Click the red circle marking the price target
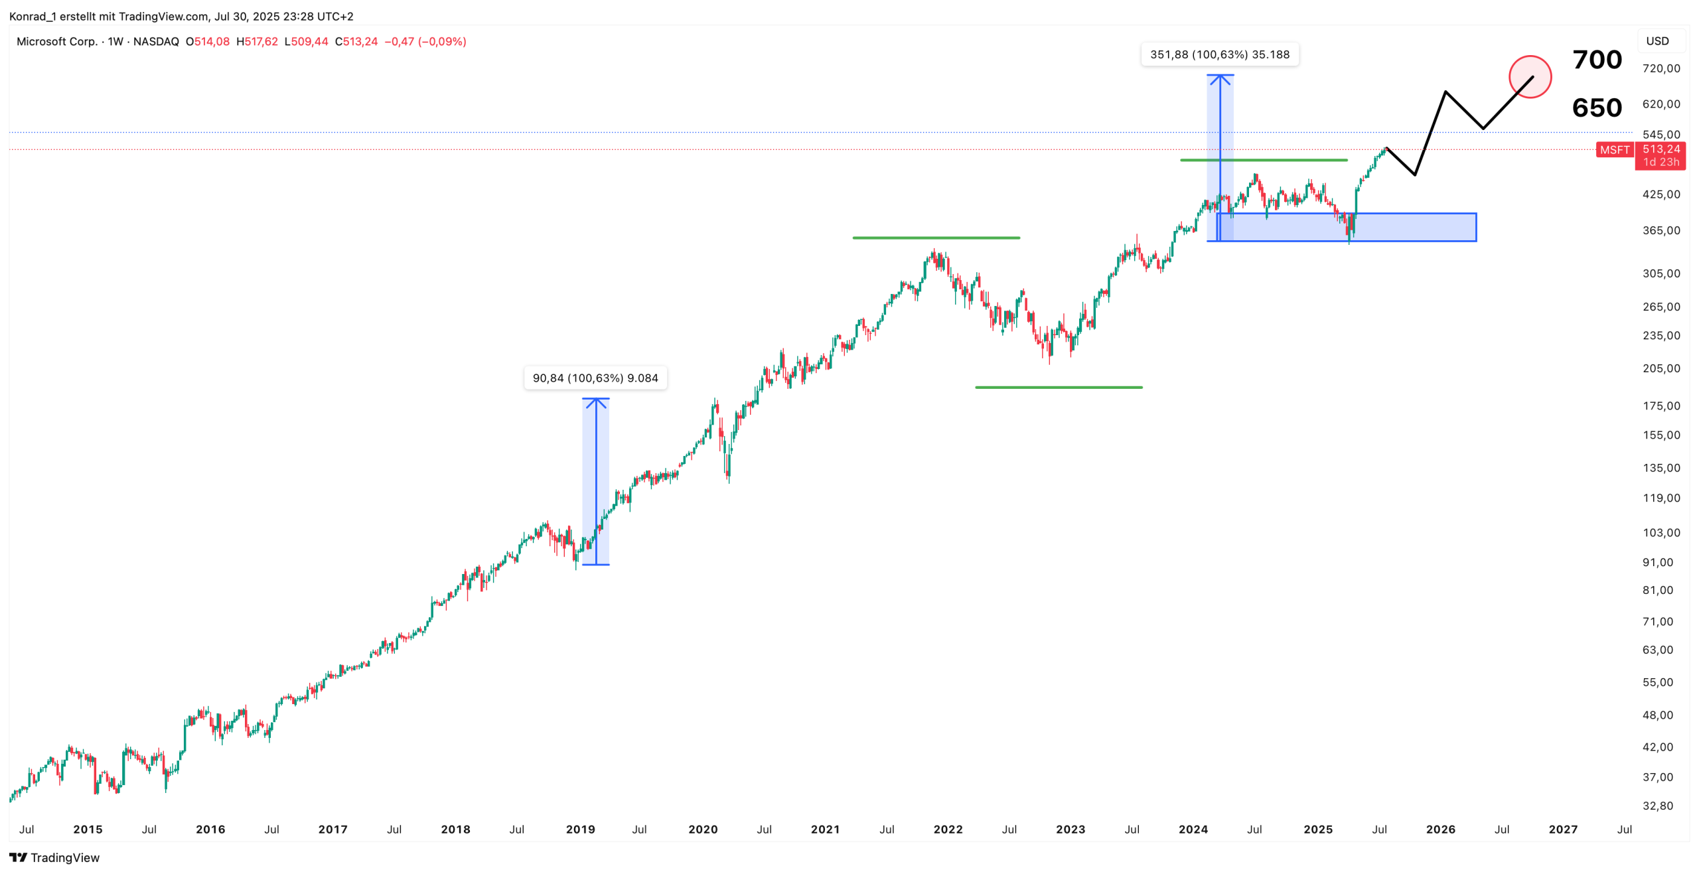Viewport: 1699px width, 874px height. (1529, 77)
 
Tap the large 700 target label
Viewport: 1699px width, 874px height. (1597, 60)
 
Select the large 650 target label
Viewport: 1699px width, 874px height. (1597, 108)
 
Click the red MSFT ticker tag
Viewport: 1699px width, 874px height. (1614, 150)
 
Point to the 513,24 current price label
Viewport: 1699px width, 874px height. (1661, 149)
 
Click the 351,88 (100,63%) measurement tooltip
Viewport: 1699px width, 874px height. (1219, 54)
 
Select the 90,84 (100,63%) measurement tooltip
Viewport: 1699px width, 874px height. (595, 378)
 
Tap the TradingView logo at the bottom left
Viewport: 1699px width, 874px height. (54, 857)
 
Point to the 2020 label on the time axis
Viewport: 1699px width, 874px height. (703, 830)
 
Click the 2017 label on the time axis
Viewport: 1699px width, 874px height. (332, 830)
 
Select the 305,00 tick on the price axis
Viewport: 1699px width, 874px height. (1661, 273)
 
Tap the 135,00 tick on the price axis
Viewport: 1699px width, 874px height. (1661, 468)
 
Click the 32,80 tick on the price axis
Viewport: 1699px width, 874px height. (1657, 806)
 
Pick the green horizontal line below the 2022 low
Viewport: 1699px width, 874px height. (1059, 387)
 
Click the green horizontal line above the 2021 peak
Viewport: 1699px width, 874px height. (936, 238)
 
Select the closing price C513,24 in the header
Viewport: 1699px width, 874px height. (356, 41)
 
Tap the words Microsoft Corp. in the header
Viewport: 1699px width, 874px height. (56, 41)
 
